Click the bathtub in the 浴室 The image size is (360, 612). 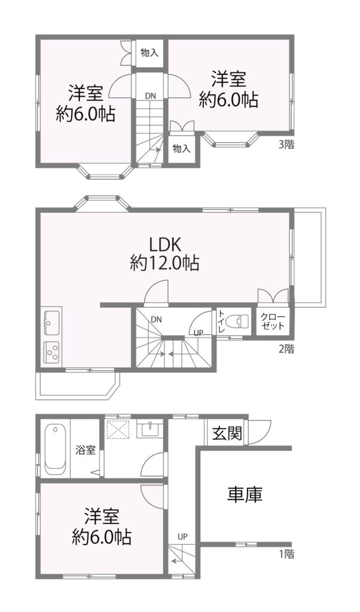pos(55,449)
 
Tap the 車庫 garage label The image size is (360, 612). pos(245,494)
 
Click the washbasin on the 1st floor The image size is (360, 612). pos(148,430)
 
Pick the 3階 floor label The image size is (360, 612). pos(286,145)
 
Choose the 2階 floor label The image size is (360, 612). pos(286,348)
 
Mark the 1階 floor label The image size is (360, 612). pos(286,553)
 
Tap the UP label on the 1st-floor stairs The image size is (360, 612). pos(182,537)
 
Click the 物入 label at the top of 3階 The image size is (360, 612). pos(150,53)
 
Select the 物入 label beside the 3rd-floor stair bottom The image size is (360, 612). pos(182,148)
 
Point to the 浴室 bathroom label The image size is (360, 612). pos(86,450)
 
